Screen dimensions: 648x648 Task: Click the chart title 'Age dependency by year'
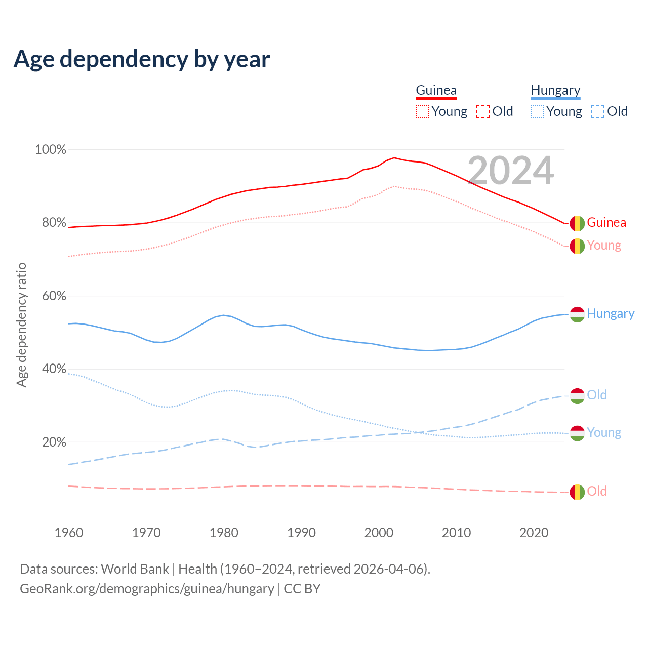tap(142, 59)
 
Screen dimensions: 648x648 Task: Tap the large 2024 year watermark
tap(510, 171)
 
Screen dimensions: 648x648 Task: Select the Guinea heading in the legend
tap(436, 91)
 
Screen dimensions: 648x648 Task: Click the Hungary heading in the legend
tap(555, 91)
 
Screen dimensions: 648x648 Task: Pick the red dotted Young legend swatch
tap(422, 111)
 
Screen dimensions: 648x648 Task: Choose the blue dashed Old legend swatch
tap(597, 111)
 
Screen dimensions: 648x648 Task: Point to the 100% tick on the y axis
tap(51, 150)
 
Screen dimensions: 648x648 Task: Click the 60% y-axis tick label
tap(54, 296)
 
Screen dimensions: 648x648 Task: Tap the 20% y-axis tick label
tap(54, 442)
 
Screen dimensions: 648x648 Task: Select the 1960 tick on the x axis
tap(69, 533)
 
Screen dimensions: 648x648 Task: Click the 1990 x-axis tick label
tap(301, 533)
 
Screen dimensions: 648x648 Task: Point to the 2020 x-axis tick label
tap(534, 533)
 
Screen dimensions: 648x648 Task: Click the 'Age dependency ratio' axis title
tap(21, 325)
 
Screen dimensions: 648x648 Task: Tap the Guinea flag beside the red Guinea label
tap(577, 223)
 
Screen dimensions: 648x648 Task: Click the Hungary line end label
tap(610, 314)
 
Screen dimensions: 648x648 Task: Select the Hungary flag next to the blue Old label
tap(577, 396)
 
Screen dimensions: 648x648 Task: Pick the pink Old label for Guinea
tap(596, 492)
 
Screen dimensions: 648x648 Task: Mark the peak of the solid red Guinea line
tap(394, 157)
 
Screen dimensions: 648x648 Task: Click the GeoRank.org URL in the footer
tap(147, 589)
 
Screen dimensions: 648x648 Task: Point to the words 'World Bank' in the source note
tap(135, 569)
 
